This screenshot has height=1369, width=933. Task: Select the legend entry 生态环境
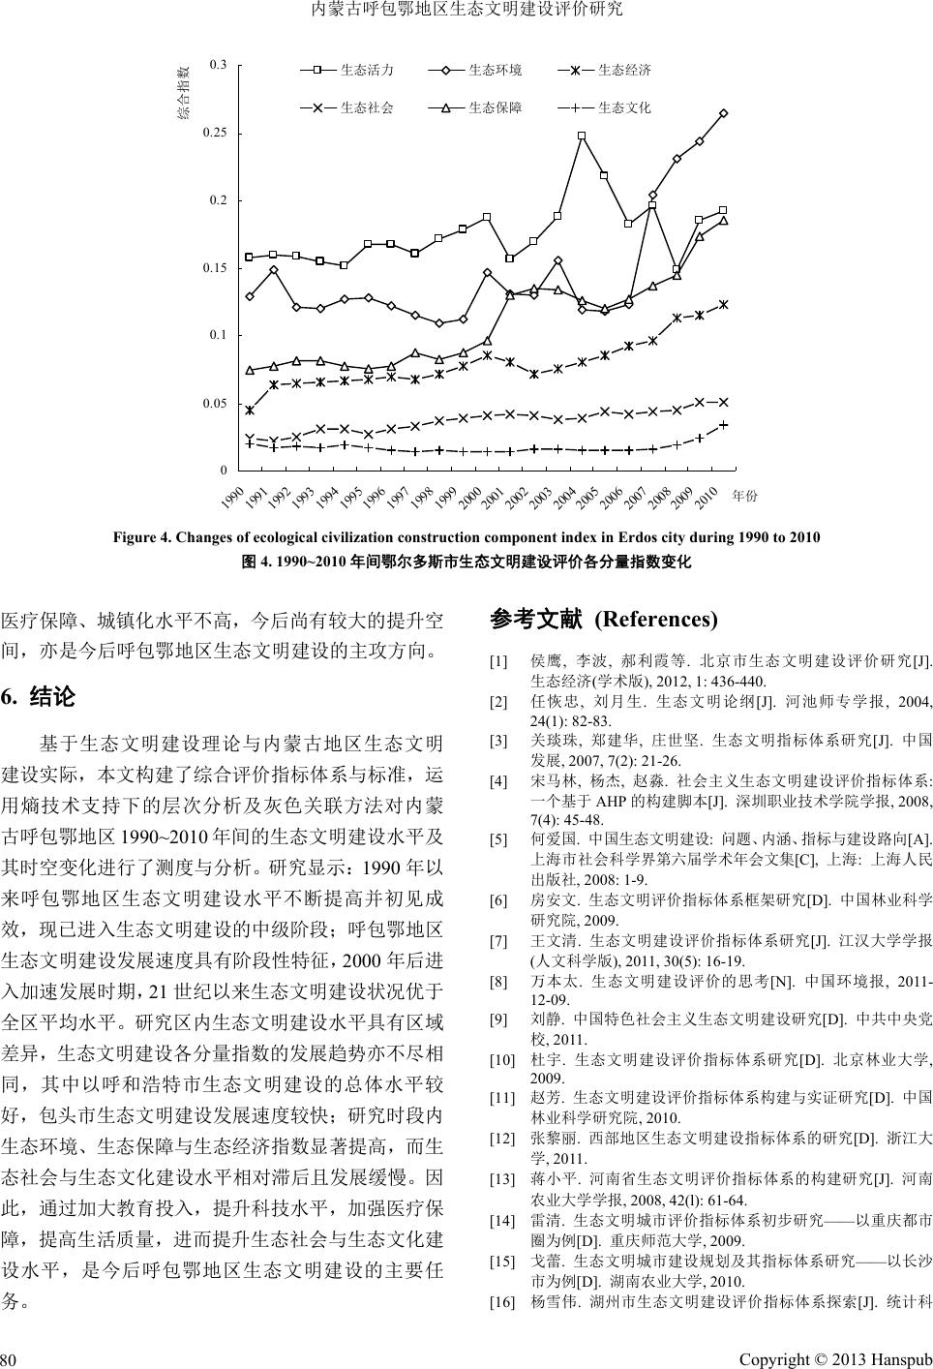[495, 71]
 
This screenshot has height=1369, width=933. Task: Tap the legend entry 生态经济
[624, 71]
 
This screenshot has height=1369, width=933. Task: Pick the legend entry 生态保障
[495, 107]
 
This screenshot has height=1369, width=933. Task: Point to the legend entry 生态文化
[624, 107]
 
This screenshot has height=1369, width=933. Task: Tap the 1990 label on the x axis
[233, 499]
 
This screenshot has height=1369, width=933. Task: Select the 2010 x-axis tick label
[706, 499]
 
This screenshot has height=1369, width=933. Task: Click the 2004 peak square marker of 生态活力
[582, 137]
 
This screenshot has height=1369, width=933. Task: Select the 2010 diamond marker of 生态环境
[723, 113]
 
